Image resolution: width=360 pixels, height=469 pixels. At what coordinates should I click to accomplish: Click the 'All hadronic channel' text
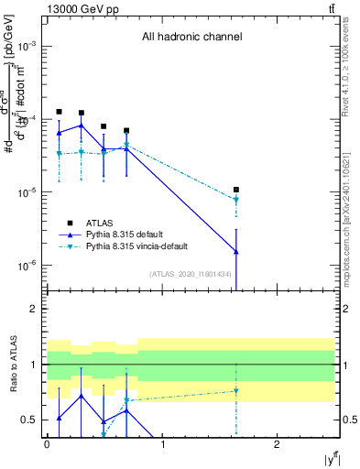point(191,38)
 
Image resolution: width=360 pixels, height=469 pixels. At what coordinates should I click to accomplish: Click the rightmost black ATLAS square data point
point(236,190)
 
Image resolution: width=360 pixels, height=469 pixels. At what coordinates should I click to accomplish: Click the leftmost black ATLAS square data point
point(59,112)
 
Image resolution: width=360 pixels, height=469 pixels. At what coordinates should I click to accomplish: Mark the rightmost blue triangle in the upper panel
point(236,251)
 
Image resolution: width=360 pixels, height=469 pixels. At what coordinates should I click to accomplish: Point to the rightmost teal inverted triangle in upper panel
point(236,200)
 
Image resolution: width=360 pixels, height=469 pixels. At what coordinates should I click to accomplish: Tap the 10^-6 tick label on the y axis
point(26,266)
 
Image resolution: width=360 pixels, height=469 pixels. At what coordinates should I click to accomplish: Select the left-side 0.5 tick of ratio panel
point(30,420)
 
